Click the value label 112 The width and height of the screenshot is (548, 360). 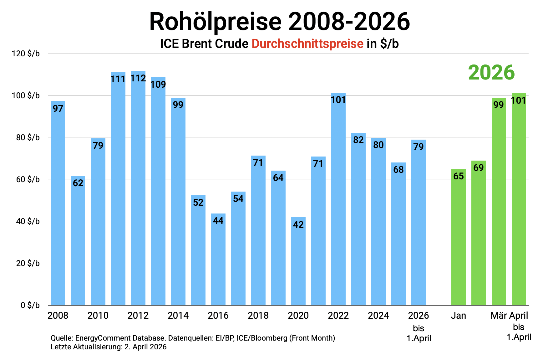[138, 78]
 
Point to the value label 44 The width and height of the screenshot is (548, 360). [218, 221]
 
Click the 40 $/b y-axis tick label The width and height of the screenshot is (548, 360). [28, 221]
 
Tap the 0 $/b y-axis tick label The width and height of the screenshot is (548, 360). [30, 305]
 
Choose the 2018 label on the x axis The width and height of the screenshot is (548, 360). [258, 316]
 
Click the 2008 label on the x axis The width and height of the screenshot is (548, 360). [58, 316]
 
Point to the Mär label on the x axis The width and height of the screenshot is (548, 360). [499, 316]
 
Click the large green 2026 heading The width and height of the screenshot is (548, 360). [491, 73]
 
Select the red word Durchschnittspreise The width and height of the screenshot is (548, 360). [307, 44]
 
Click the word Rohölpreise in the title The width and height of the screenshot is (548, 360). [215, 22]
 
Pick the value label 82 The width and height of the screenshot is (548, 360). [358, 140]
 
